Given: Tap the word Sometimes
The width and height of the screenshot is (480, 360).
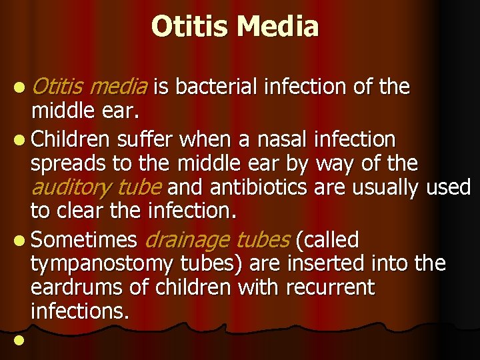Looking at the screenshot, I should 84,239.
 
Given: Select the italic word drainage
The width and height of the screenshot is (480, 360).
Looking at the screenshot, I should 185,239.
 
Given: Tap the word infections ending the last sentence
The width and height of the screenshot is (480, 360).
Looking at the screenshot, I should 79,311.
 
